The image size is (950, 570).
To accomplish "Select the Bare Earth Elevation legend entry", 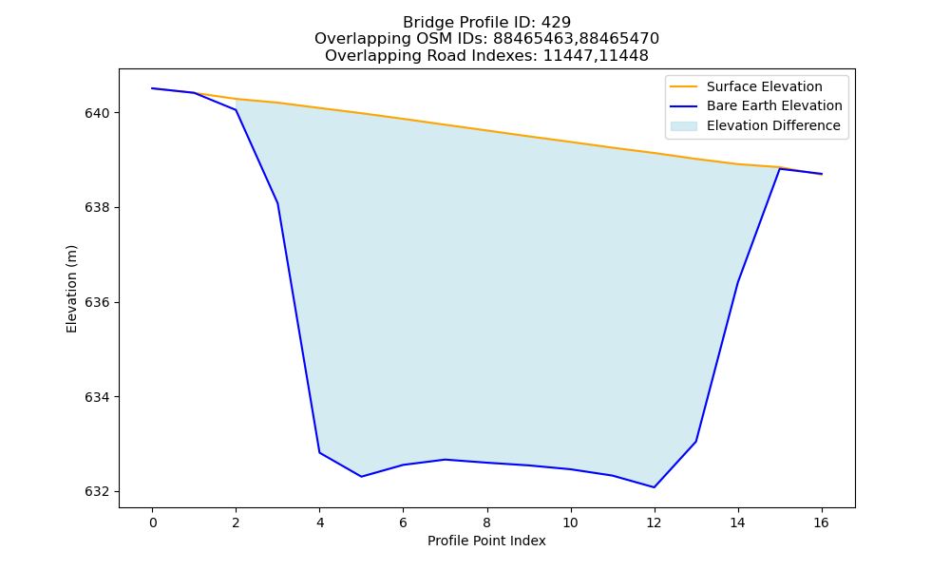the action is pyautogui.click(x=756, y=106).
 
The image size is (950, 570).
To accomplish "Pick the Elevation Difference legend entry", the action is pyautogui.click(x=755, y=125).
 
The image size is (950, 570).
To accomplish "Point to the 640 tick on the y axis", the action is pyautogui.click(x=101, y=113).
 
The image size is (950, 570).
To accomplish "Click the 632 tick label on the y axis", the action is pyautogui.click(x=101, y=491).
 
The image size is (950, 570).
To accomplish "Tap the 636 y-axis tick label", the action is pyautogui.click(x=101, y=302).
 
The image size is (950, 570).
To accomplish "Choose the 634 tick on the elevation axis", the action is pyautogui.click(x=101, y=397).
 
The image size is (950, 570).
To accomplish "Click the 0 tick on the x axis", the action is pyautogui.click(x=153, y=522).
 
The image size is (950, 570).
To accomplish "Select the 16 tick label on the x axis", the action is pyautogui.click(x=821, y=522).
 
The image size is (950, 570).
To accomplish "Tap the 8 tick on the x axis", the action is pyautogui.click(x=486, y=522).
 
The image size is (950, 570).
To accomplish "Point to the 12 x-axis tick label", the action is pyautogui.click(x=654, y=522).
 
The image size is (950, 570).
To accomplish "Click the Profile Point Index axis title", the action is pyautogui.click(x=486, y=541).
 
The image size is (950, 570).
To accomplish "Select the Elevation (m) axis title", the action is pyautogui.click(x=71, y=289).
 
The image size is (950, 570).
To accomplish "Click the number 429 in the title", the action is pyautogui.click(x=556, y=23).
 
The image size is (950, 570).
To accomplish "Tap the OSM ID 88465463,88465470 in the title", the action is pyautogui.click(x=576, y=39).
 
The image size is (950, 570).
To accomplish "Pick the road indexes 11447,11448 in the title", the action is pyautogui.click(x=596, y=56).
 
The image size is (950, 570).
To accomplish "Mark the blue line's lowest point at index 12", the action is pyautogui.click(x=654, y=487).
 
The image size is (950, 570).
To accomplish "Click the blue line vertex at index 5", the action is pyautogui.click(x=362, y=477).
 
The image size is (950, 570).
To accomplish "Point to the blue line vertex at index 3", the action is pyautogui.click(x=278, y=203).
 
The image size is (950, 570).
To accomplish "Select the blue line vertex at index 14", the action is pyautogui.click(x=737, y=283).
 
